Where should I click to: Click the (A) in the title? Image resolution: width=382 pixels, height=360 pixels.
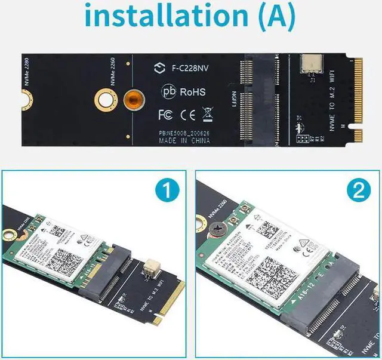pyautogui.click(x=272, y=17)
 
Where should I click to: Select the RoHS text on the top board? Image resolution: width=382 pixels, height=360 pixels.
pyautogui.click(x=192, y=92)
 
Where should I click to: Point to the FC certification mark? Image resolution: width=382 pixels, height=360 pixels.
pyautogui.click(x=165, y=112)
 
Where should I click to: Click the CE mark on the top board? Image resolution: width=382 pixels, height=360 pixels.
pyautogui.click(x=187, y=112)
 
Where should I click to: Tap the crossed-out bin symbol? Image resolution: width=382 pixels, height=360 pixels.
pyautogui.click(x=207, y=112)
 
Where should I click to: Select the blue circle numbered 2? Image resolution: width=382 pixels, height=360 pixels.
pyautogui.click(x=358, y=192)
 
